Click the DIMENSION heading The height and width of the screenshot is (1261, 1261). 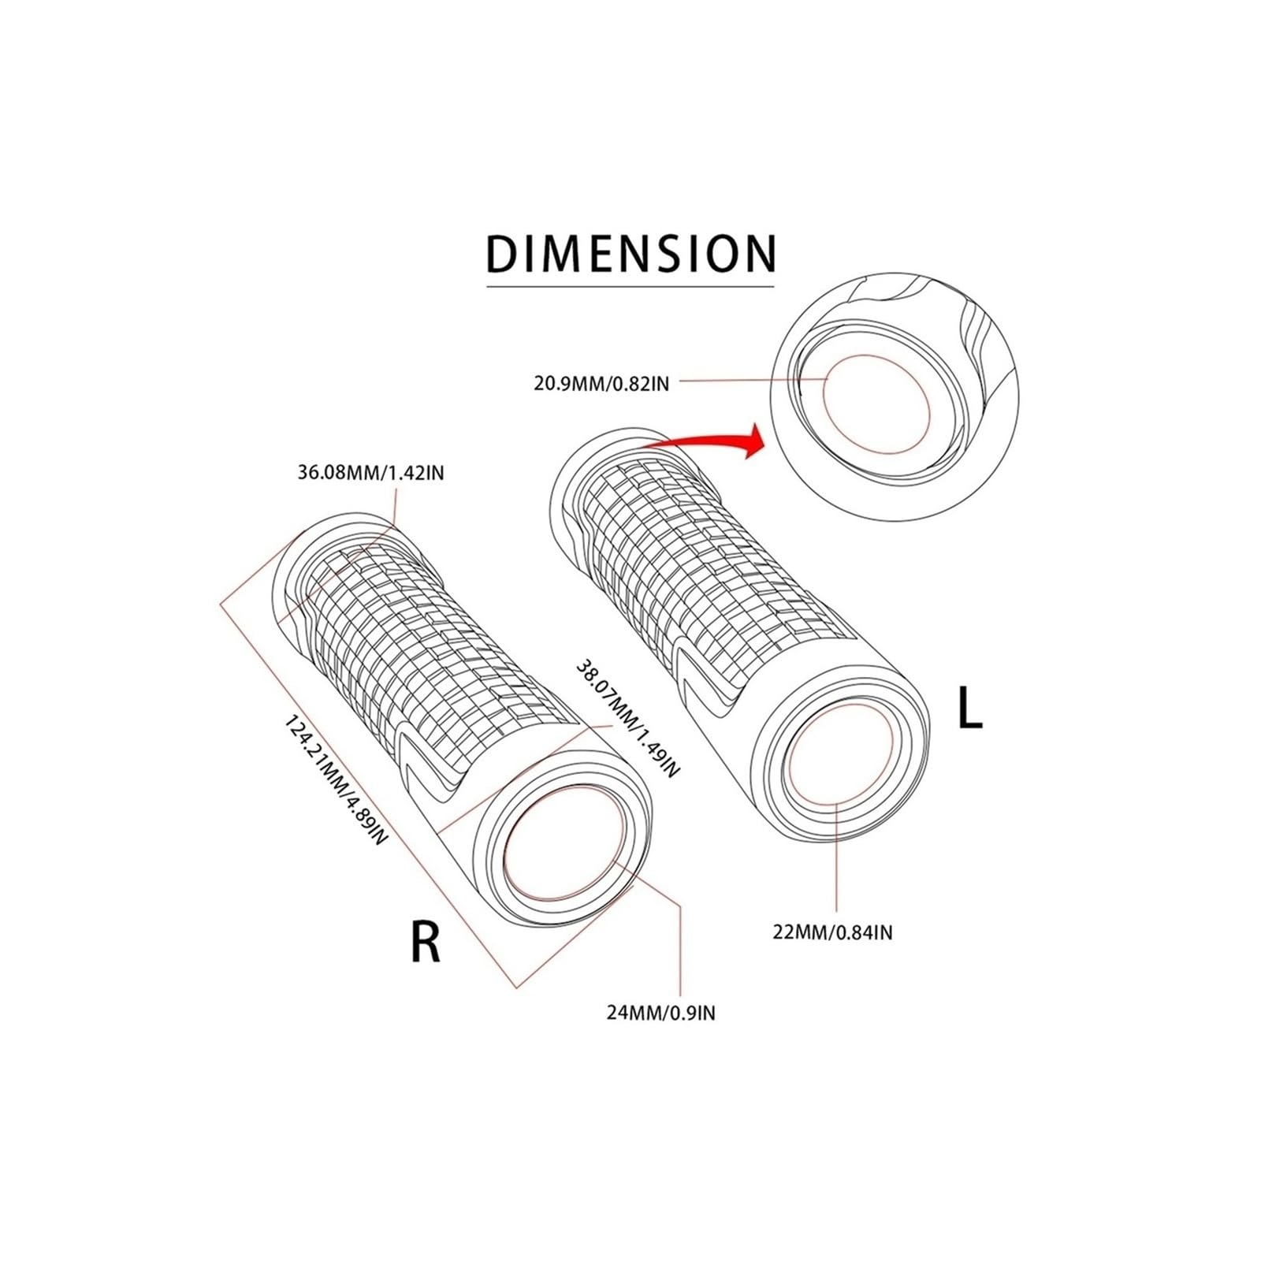[630, 253]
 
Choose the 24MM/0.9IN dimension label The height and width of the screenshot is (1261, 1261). [661, 1012]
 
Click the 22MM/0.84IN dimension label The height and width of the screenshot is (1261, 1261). [833, 932]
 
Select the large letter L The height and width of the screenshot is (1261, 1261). [969, 708]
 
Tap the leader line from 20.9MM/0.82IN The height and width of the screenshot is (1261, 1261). [749, 381]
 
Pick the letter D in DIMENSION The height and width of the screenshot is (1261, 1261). [502, 254]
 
